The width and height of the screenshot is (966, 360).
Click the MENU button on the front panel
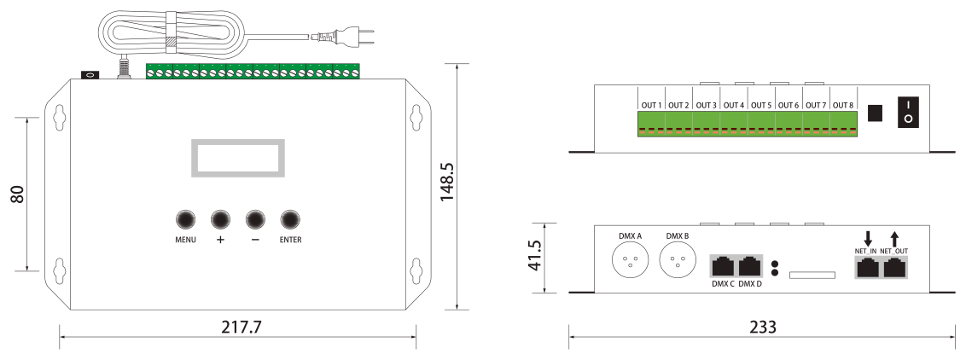coord(185,219)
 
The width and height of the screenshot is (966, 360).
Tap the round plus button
coord(220,219)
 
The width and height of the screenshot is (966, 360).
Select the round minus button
coord(255,219)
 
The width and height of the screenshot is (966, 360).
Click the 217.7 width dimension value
coord(241,327)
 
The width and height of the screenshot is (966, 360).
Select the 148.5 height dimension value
coord(447,183)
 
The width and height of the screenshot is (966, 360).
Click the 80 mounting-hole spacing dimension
coord(17,195)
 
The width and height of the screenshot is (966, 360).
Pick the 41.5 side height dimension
coord(535,255)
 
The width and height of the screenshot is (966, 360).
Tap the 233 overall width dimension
coord(763,327)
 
